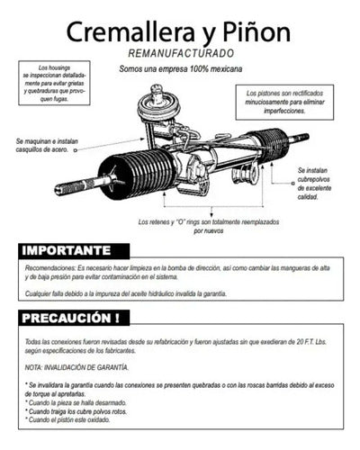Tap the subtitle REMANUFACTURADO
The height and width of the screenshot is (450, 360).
(180, 55)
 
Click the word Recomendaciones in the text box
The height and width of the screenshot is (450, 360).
(50, 270)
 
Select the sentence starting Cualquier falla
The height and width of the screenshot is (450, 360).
(126, 294)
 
